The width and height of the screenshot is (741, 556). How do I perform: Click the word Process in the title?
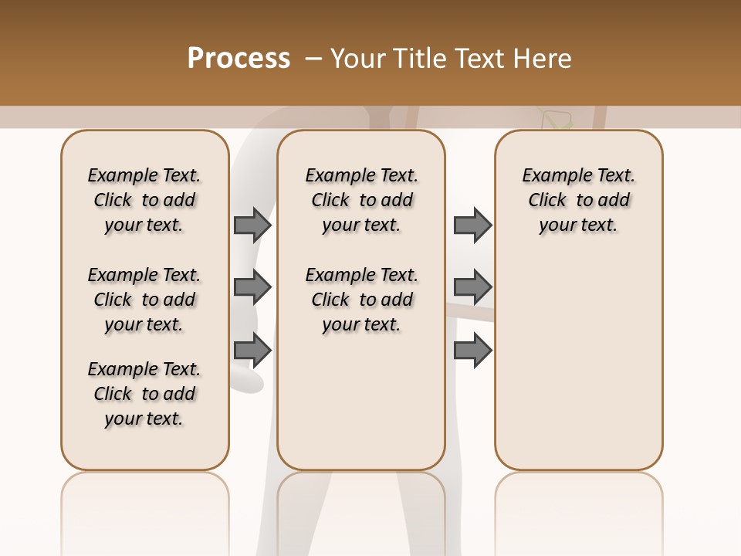pyautogui.click(x=239, y=59)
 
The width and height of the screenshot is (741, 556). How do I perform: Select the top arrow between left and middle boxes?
pyautogui.click(x=252, y=225)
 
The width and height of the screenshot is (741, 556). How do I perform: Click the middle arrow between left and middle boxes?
pyautogui.click(x=252, y=287)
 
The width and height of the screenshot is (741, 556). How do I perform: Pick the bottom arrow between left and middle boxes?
pyautogui.click(x=252, y=349)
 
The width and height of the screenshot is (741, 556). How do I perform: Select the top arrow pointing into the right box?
pyautogui.click(x=472, y=225)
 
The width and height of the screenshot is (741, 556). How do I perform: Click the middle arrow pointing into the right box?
pyautogui.click(x=472, y=287)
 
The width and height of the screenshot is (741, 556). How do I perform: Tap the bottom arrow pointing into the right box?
pyautogui.click(x=472, y=349)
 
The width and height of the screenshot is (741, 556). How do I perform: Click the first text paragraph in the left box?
pyautogui.click(x=144, y=200)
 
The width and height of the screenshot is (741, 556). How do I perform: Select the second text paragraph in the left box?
pyautogui.click(x=144, y=300)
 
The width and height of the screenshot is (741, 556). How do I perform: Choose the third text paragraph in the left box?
pyautogui.click(x=144, y=394)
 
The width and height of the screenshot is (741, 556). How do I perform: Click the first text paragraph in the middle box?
pyautogui.click(x=361, y=200)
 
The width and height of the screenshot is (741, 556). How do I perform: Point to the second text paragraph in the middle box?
pyautogui.click(x=361, y=300)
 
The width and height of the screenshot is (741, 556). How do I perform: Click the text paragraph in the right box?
pyautogui.click(x=579, y=200)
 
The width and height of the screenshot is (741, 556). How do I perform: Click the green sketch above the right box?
pyautogui.click(x=557, y=119)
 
